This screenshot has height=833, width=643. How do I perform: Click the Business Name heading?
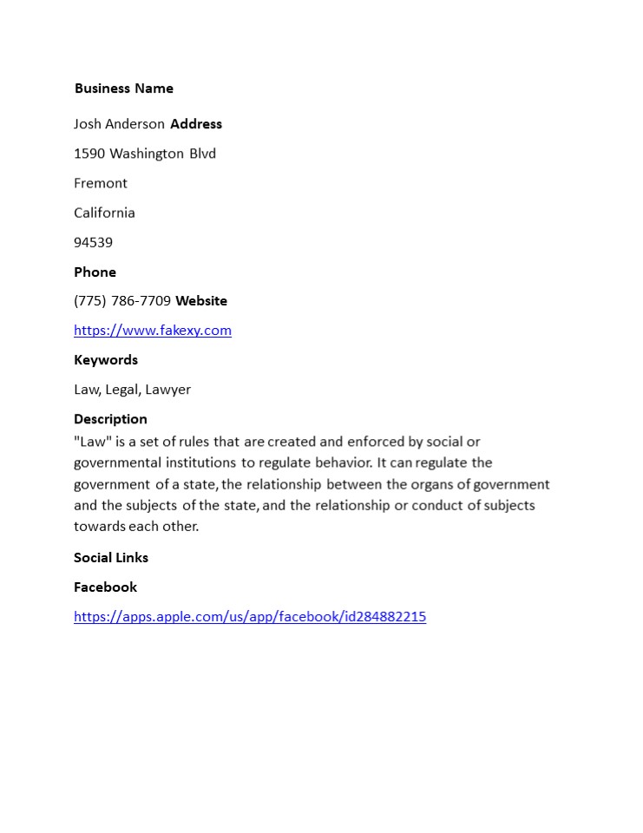point(123,89)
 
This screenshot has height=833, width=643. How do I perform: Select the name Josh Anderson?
point(119,124)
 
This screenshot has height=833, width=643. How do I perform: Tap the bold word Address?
point(196,124)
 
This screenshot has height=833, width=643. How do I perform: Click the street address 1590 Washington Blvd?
point(145,154)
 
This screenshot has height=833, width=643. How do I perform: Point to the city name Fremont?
point(101,183)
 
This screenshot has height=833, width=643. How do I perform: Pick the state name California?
point(104,213)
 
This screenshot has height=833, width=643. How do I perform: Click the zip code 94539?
point(93,242)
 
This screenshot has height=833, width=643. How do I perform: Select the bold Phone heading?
point(95,272)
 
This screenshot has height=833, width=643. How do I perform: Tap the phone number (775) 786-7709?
point(122,301)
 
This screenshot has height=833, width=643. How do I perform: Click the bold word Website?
point(201,301)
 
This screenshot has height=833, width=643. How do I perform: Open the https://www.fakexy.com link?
point(153,331)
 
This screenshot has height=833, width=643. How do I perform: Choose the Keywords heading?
point(106,360)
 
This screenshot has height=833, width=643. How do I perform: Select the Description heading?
point(110,419)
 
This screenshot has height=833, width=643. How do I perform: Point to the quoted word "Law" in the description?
point(92,442)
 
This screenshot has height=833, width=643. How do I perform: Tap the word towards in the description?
point(100,526)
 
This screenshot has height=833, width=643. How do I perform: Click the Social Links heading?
point(111,558)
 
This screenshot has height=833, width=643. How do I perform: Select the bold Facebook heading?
point(105,587)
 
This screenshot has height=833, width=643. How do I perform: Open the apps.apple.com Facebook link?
point(250,617)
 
